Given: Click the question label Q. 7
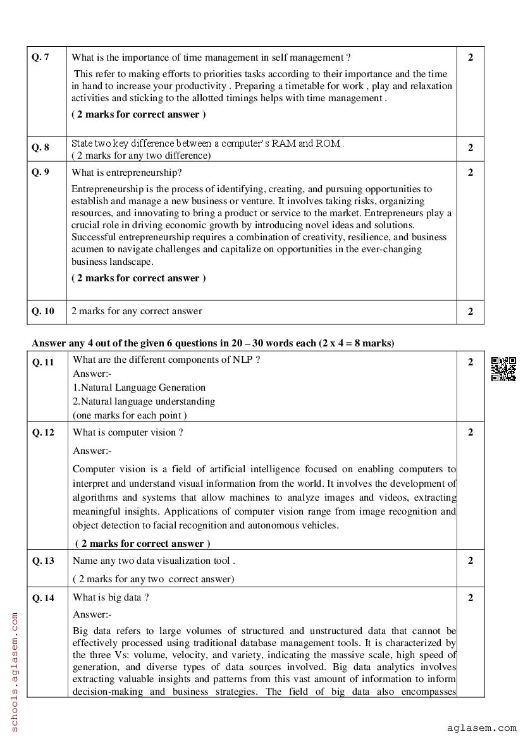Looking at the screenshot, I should pos(40,58).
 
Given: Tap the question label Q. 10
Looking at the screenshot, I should pos(43,311).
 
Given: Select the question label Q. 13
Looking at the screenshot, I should pos(43,561).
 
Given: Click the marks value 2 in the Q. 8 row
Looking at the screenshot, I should pos(470,148).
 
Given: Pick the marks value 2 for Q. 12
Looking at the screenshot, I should pos(470,432).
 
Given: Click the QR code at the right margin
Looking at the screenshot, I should pos(503,369).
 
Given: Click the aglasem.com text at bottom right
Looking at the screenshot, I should pos(481,728).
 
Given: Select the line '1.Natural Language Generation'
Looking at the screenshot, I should pos(139,388).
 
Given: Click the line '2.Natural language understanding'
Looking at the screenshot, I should pos(144,401).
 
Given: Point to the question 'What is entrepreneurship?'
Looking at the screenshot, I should pos(126,172).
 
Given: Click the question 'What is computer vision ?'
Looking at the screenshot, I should pos(128,432).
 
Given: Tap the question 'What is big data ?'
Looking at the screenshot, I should pos(111,597).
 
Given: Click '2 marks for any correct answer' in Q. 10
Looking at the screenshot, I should pos(137,311).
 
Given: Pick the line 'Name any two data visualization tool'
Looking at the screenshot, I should pos(154,561).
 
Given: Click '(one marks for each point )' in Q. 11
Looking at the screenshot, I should pos(130,415).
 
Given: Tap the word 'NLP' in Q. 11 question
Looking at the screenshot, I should pos(243,360).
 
